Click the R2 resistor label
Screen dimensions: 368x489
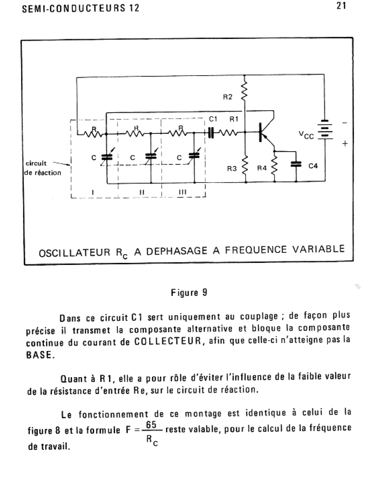[228, 97]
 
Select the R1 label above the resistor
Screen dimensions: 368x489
[234, 119]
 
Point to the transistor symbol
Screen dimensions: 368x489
[267, 131]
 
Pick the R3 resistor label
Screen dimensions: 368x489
[232, 169]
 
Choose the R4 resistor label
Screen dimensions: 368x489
[262, 168]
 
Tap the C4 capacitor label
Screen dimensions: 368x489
[313, 166]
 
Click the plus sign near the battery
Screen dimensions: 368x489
[345, 144]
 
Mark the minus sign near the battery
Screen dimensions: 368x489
[345, 123]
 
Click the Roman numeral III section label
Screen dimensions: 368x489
[183, 192]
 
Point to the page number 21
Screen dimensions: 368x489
[341, 6]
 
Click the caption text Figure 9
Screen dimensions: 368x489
[189, 293]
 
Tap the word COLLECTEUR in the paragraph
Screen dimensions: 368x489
[167, 341]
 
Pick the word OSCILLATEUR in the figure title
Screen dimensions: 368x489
[75, 253]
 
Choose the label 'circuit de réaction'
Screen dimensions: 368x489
[42, 168]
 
